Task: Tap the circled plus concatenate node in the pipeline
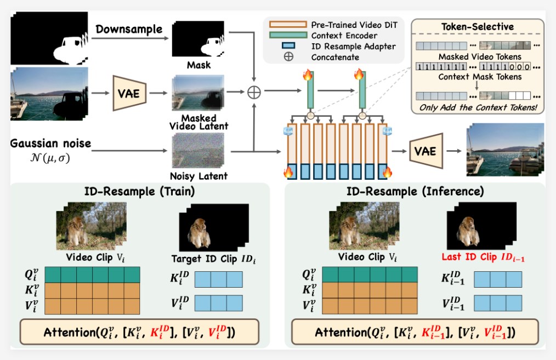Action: (x=254, y=93)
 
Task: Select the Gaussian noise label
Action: (x=50, y=144)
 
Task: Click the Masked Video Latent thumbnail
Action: (x=192, y=94)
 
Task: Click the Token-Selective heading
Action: (x=478, y=27)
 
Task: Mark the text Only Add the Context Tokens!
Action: (x=478, y=107)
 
